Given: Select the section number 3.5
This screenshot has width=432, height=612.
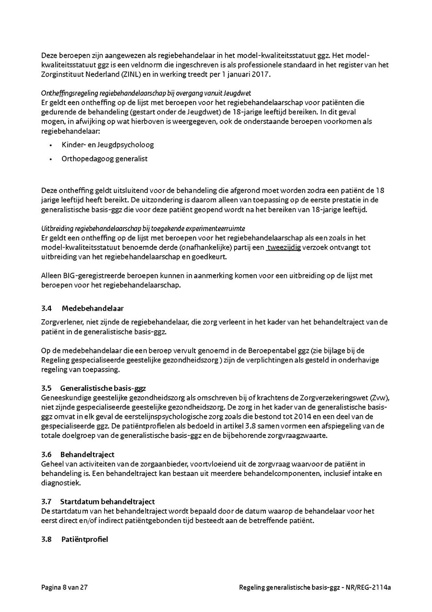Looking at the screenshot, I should click(47, 387).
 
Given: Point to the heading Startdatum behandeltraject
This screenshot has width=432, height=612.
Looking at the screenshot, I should click(108, 501).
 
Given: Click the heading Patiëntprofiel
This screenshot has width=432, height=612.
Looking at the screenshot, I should click(84, 539).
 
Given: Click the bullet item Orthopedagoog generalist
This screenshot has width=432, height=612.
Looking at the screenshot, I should click(105, 159).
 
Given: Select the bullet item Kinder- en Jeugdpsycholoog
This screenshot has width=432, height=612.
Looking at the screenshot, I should click(108, 145).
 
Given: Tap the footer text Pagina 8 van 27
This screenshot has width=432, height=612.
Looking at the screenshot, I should click(64, 587).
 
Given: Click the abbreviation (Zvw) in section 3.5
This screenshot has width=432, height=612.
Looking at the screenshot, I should click(379, 397).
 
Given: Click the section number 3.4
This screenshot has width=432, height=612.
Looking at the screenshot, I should click(47, 308).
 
